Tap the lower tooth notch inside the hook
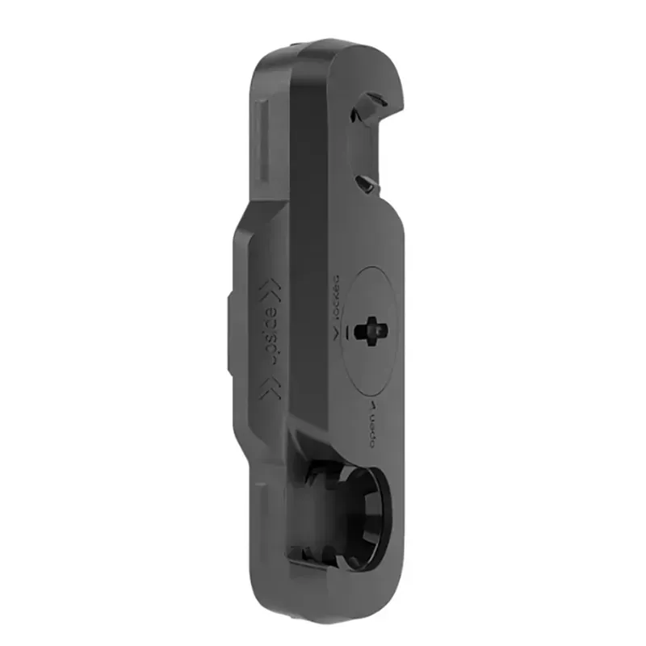(x=365, y=184)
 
